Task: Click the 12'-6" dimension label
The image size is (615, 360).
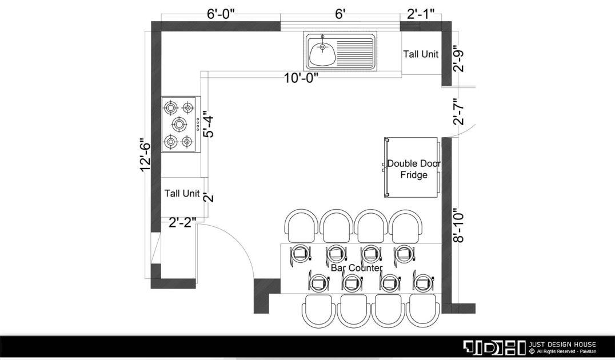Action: pyautogui.click(x=145, y=154)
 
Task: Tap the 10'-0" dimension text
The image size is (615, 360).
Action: pyautogui.click(x=301, y=78)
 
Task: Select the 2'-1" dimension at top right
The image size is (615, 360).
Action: pyautogui.click(x=421, y=14)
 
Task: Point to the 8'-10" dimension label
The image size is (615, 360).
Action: pyautogui.click(x=458, y=227)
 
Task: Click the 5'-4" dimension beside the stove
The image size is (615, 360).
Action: pyautogui.click(x=209, y=125)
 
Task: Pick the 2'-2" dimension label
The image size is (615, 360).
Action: pyautogui.click(x=182, y=223)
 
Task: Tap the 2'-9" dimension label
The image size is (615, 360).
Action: pyautogui.click(x=458, y=59)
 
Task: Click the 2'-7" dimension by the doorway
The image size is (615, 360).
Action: pyautogui.click(x=458, y=111)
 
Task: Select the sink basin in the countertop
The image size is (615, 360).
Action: pyautogui.click(x=322, y=53)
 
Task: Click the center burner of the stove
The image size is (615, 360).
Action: pyautogui.click(x=179, y=125)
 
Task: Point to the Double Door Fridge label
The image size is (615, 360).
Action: pyautogui.click(x=414, y=169)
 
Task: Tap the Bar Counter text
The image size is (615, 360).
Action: pyautogui.click(x=357, y=268)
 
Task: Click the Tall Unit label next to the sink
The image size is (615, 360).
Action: pyautogui.click(x=421, y=54)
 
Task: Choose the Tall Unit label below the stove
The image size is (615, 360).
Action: pyautogui.click(x=182, y=193)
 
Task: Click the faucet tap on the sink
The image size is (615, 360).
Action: pyautogui.click(x=322, y=43)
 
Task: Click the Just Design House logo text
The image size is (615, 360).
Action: pyautogui.click(x=562, y=345)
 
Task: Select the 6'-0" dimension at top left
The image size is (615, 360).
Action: pyautogui.click(x=221, y=14)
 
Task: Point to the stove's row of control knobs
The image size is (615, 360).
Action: pyautogui.click(x=198, y=125)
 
